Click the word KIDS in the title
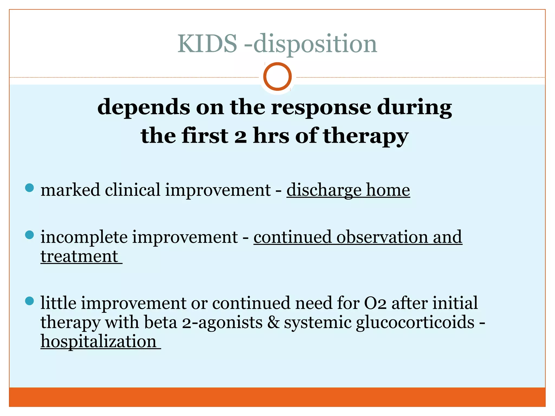pyautogui.click(x=207, y=44)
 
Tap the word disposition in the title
pyautogui.click(x=315, y=44)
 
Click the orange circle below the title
pyautogui.click(x=277, y=76)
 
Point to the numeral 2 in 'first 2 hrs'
pyautogui.click(x=240, y=136)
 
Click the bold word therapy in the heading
pyautogui.click(x=366, y=136)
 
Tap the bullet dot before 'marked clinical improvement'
pyautogui.click(x=29, y=188)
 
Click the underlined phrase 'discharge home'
pyautogui.click(x=348, y=190)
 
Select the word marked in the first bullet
pyautogui.click(x=70, y=190)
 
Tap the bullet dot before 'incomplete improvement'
pyautogui.click(x=29, y=235)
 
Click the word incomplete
pyautogui.click(x=84, y=237)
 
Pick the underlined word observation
pyautogui.click(x=382, y=237)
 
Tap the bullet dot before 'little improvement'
pyautogui.click(x=29, y=301)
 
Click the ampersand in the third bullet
pyautogui.click(x=273, y=322)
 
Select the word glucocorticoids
pyautogui.click(x=415, y=322)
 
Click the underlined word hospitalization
pyautogui.click(x=99, y=342)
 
